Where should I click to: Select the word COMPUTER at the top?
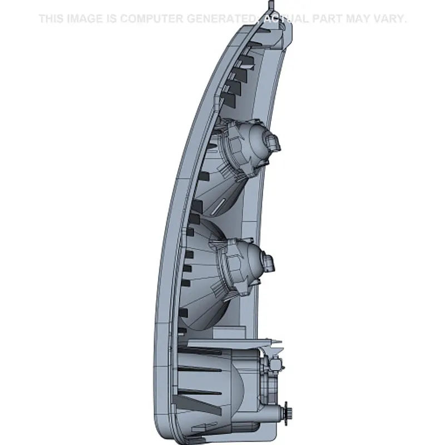151,19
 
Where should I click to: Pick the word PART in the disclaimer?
328,19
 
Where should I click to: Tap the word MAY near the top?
359,19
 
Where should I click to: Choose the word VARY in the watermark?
391,19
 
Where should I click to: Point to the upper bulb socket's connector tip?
273,144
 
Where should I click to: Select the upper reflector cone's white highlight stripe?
219,206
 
